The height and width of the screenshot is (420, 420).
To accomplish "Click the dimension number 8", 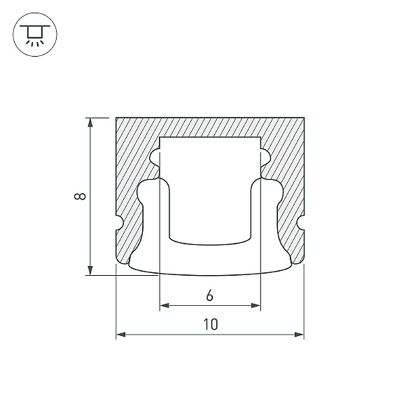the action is point(80,196).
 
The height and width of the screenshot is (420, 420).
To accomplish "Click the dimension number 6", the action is point(210,296).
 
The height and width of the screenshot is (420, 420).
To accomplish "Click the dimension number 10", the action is point(211,324).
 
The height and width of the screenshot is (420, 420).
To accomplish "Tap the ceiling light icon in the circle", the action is point(35,34).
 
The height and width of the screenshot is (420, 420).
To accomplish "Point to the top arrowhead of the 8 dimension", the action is point(90,122).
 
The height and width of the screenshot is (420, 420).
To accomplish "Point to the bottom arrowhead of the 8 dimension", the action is point(90,270).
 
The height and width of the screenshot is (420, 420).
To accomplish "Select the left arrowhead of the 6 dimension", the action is point(164,305).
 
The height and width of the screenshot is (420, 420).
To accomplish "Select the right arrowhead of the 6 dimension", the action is point(255,305).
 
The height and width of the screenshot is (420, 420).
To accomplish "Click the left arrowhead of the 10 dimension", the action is point(121,335).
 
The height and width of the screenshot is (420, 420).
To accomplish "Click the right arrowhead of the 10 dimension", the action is point(299,335).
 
